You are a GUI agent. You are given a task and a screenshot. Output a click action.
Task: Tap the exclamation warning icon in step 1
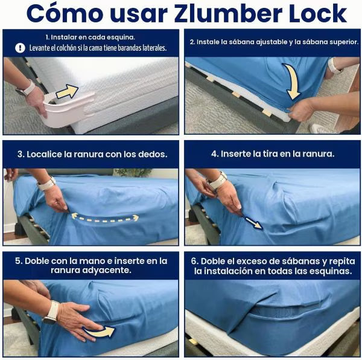pos(20,48)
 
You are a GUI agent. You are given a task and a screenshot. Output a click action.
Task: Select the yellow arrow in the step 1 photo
pos(68,91)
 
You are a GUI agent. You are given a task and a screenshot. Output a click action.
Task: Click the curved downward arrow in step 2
pos(292,81)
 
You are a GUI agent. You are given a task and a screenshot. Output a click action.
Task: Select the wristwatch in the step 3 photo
pos(46,184)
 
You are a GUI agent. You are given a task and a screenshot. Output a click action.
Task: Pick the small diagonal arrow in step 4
pos(253,223)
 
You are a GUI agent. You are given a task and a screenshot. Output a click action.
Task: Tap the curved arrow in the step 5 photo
pos(100,332)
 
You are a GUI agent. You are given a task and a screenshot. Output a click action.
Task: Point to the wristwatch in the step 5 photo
pos(51,312)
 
